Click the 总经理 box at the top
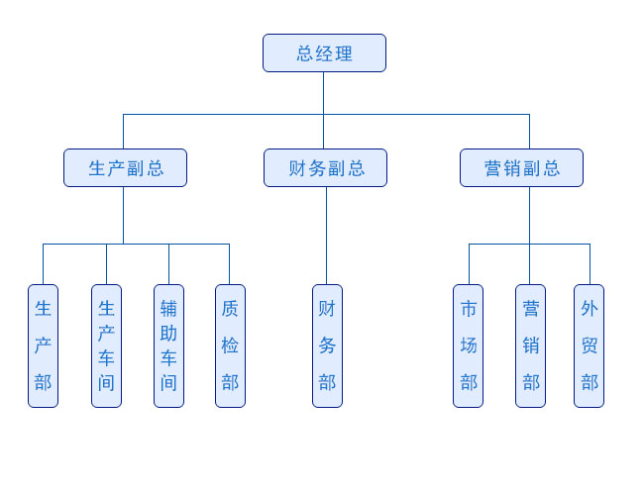coord(324,53)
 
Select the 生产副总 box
coord(125,168)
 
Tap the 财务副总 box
coord(325,168)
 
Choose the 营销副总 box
coord(521,168)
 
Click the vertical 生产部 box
coord(43,346)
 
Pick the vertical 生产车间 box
coord(106,346)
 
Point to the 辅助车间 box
coord(168,346)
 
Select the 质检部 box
coord(230,346)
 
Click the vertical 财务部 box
coord(327,346)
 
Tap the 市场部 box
coord(468,346)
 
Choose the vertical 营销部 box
coord(530,346)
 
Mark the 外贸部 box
coord(589,346)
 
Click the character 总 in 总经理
coord(305,53)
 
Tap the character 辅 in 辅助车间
coord(168,309)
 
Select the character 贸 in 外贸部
coord(590,346)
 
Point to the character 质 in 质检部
coord(230,309)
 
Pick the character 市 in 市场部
coord(469,309)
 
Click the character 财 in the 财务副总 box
coord(297,168)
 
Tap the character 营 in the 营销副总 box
coord(493,168)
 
